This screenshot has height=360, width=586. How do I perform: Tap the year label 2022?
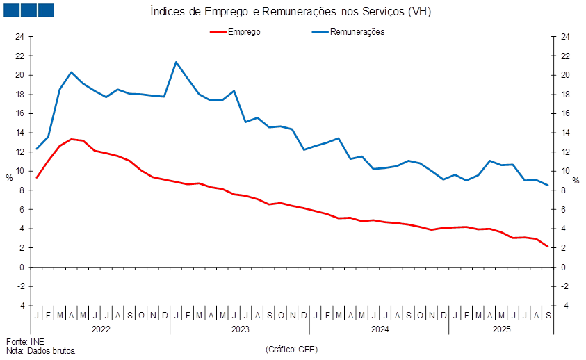[101, 328]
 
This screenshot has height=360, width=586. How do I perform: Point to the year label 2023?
[241, 328]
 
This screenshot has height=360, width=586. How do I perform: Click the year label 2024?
[380, 328]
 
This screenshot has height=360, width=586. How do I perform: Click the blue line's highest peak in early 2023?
[176, 63]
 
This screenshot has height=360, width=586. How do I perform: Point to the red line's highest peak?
[72, 139]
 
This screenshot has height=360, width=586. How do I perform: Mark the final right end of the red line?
[548, 247]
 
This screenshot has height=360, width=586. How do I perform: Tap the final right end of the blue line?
[548, 185]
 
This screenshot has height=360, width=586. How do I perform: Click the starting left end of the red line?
[36, 177]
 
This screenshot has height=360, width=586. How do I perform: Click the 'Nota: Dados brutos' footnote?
[41, 351]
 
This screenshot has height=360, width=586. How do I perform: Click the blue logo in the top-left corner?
[29, 10]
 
